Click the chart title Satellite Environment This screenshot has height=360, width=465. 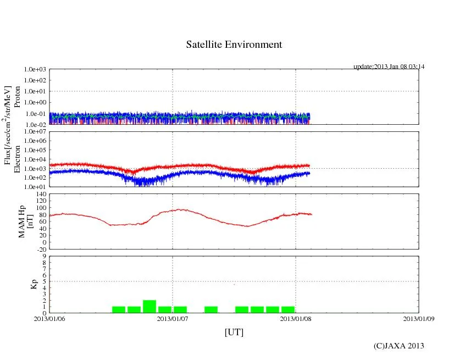point(234,45)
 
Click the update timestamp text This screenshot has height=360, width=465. point(389,67)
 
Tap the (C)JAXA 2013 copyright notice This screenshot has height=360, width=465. point(398,346)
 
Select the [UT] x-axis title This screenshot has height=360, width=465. point(234,333)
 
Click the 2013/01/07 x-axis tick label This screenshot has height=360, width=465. point(173,318)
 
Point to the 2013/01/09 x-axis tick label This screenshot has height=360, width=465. point(419,318)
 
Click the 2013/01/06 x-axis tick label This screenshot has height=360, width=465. point(49,318)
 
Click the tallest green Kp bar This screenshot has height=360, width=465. point(150,307)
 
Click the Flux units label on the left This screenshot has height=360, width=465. point(8,125)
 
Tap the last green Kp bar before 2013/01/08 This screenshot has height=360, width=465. point(288,309)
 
